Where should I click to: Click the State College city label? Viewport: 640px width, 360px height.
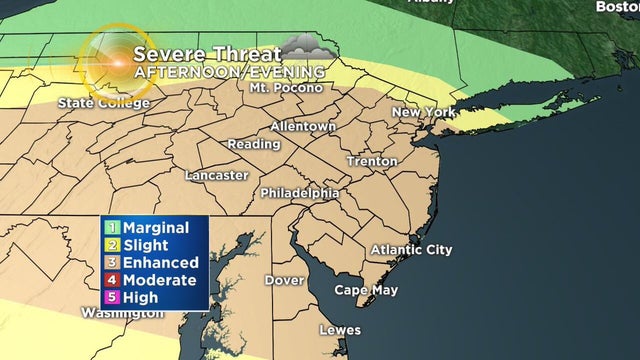tap(103, 102)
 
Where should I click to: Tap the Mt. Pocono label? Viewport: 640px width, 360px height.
tap(286, 88)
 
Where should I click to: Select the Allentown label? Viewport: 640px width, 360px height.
tap(303, 127)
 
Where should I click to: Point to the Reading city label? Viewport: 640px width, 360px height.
tap(254, 145)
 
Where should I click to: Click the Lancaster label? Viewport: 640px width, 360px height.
tap(216, 175)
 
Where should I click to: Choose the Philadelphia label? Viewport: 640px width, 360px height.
tap(299, 192)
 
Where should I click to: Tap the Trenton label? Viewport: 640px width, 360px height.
tap(371, 161)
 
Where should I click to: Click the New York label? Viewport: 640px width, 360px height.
tap(423, 112)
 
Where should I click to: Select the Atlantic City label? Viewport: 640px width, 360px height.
tap(411, 249)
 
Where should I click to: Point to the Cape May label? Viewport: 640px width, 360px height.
tap(366, 290)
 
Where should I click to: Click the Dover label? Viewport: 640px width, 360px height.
tap(284, 280)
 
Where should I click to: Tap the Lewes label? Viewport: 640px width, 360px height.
tap(339, 329)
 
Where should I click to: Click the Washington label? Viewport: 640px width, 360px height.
tap(122, 313)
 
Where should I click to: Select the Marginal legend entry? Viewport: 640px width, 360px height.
tap(147, 228)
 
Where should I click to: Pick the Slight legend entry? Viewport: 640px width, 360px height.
tap(139, 245)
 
